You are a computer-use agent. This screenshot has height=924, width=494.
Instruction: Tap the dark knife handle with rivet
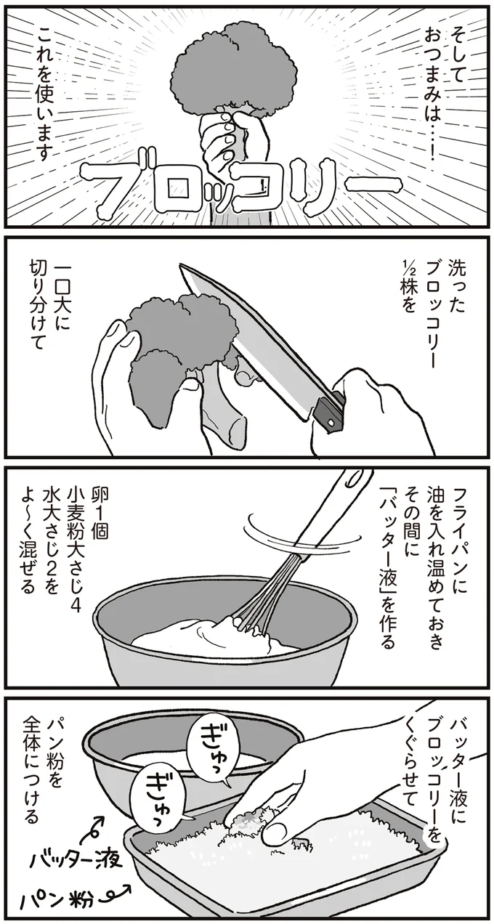[x=331, y=410]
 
